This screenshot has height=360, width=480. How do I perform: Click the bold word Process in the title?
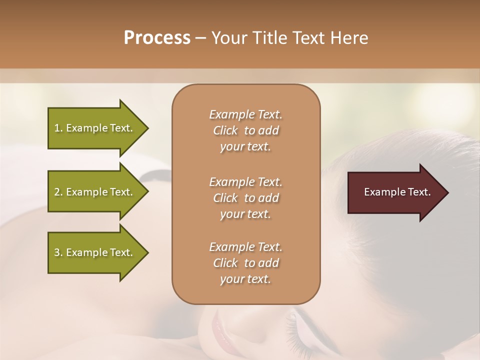(x=157, y=38)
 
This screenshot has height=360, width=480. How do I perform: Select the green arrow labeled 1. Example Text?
(x=95, y=128)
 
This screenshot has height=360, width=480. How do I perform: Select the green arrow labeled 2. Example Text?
(x=95, y=192)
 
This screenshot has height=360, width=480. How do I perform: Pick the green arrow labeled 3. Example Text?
(x=95, y=252)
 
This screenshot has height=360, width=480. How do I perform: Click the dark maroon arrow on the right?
(x=395, y=192)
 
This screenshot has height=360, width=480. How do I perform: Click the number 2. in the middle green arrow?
(x=58, y=192)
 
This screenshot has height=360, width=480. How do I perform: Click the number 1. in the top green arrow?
(x=58, y=128)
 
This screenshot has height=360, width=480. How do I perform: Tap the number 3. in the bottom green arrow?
(x=58, y=252)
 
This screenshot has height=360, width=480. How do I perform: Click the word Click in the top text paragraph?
(x=225, y=131)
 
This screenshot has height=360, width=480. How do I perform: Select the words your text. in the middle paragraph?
(x=245, y=214)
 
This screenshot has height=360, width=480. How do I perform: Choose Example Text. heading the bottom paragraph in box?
(x=245, y=247)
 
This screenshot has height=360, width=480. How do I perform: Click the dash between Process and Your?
(x=201, y=38)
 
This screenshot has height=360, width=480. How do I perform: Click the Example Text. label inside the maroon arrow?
(x=397, y=192)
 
